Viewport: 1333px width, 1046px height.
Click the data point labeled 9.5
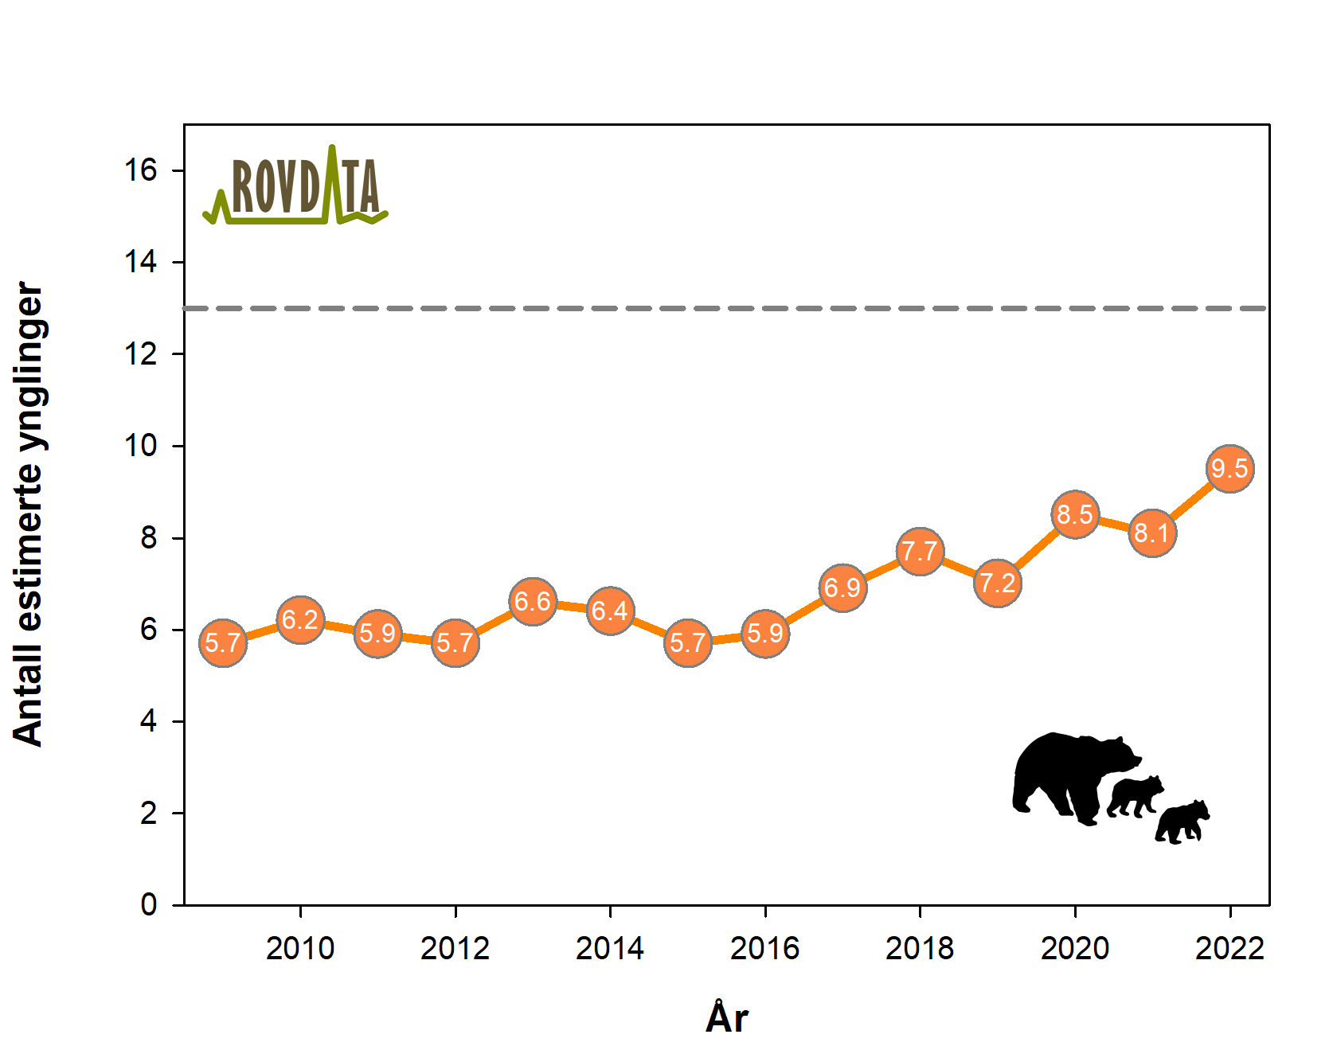pyautogui.click(x=1229, y=469)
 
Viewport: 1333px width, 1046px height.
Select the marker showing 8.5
pyautogui.click(x=1075, y=515)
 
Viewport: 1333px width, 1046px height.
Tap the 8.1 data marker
pyautogui.click(x=1152, y=533)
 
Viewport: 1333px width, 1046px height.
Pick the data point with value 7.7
pyautogui.click(x=920, y=551)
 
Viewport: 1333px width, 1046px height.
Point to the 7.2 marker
pyautogui.click(x=997, y=583)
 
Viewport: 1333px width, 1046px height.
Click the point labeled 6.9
pyautogui.click(x=842, y=588)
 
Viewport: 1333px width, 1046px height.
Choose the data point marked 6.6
pyautogui.click(x=533, y=601)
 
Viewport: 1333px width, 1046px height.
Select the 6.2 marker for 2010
pyautogui.click(x=300, y=619)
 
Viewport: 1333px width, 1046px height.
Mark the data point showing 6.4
pyautogui.click(x=610, y=611)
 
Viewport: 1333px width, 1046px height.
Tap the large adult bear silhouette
pyautogui.click(x=1067, y=776)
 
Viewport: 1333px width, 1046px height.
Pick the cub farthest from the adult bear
pyautogui.click(x=1183, y=822)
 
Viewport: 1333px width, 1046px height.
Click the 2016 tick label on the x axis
pyautogui.click(x=764, y=949)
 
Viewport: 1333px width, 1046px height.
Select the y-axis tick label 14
pyautogui.click(x=141, y=262)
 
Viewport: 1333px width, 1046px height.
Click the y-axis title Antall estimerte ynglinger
pyautogui.click(x=29, y=514)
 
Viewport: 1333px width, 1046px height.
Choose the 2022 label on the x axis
pyautogui.click(x=1229, y=949)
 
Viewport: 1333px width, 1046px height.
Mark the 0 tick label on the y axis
pyautogui.click(x=149, y=905)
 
